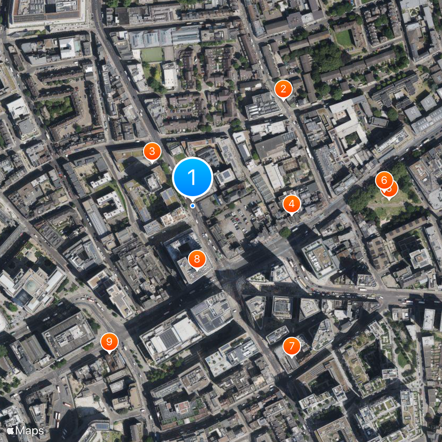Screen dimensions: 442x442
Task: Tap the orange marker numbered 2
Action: (283, 88)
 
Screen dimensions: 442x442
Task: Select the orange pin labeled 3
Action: (152, 151)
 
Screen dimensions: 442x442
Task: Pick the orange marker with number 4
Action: (292, 204)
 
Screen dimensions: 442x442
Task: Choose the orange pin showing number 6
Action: (384, 180)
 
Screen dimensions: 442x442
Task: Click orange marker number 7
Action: (291, 346)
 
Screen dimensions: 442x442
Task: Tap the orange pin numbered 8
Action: (197, 259)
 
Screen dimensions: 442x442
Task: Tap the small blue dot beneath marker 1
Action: (192, 206)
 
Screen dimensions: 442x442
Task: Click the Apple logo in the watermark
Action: (10, 430)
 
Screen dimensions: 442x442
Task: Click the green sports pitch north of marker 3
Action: (152, 55)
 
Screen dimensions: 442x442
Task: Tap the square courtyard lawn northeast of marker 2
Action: (344, 38)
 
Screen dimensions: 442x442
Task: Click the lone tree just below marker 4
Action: (285, 233)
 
